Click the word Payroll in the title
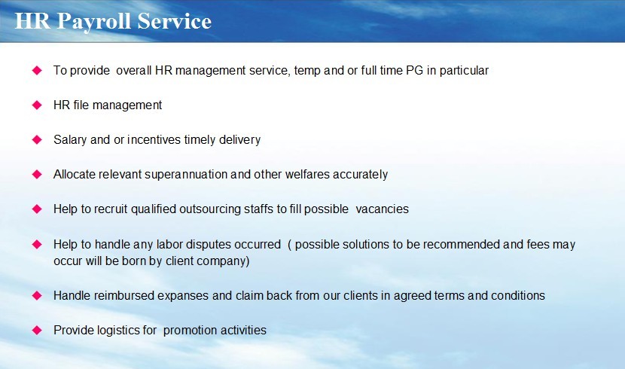pyautogui.click(x=93, y=22)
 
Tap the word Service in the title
pyautogui.click(x=174, y=21)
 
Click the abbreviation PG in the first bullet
pyautogui.click(x=415, y=71)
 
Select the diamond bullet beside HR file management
pyautogui.click(x=37, y=105)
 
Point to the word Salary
pyautogui.click(x=70, y=140)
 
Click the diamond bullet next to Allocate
pyautogui.click(x=37, y=175)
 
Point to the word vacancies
pyautogui.click(x=382, y=209)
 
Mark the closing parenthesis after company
pyautogui.click(x=248, y=261)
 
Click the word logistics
pyautogui.click(x=119, y=331)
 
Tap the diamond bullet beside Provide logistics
pyautogui.click(x=37, y=331)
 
